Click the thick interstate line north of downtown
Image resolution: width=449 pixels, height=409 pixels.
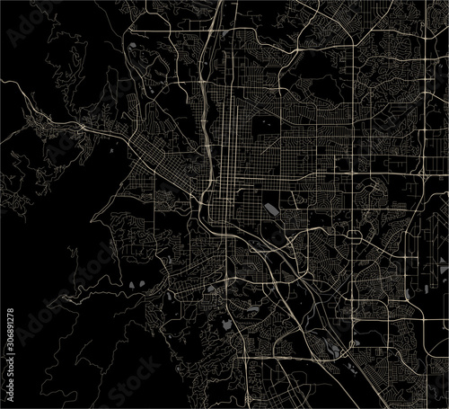[x=212, y=81]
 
